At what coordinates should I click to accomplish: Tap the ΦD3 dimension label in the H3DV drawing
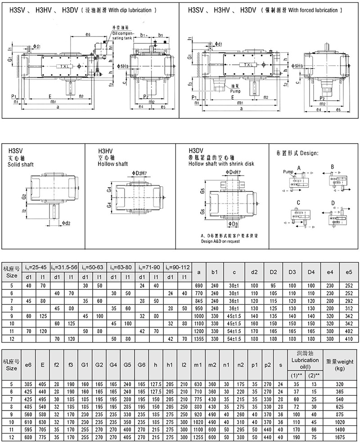click(x=233, y=224)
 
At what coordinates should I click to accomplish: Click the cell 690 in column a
click(x=198, y=285)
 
